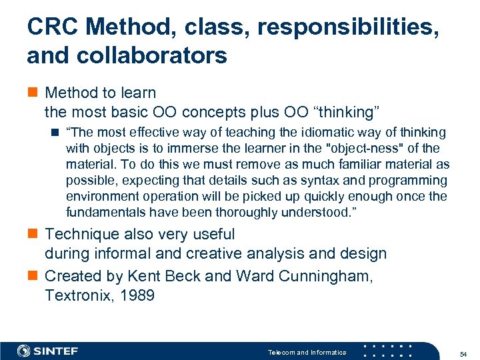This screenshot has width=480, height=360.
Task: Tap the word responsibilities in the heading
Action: tap(347, 28)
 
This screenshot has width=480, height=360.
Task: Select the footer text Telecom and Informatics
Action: tap(307, 352)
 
